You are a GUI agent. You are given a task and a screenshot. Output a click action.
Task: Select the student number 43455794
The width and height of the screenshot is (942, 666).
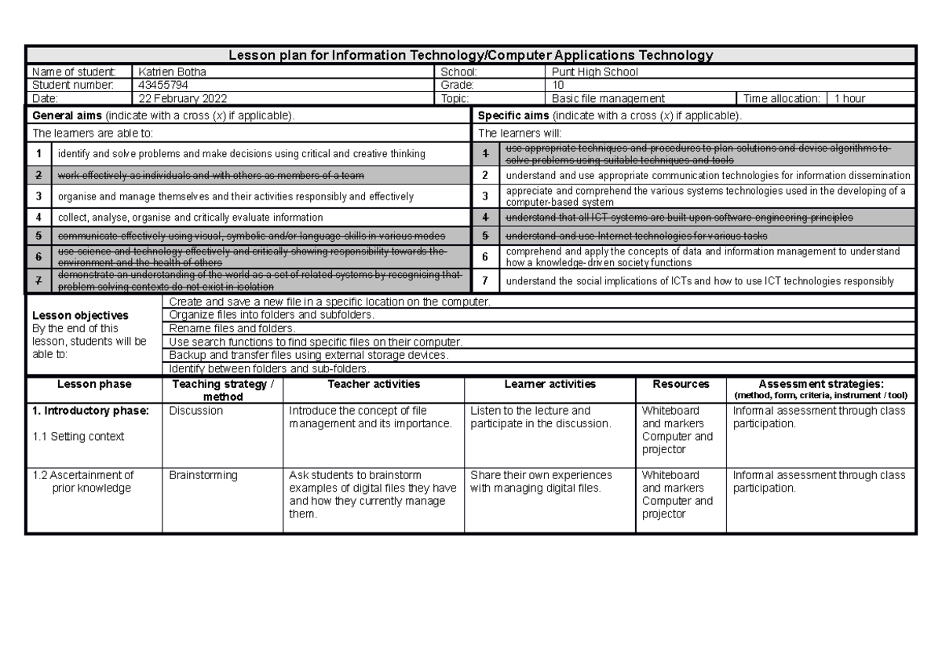click(162, 85)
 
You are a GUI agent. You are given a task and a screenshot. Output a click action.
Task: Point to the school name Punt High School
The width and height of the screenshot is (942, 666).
click(595, 72)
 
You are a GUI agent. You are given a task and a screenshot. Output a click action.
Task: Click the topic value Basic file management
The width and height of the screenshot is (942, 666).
click(608, 99)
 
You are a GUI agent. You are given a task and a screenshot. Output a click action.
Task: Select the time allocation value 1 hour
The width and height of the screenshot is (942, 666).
click(849, 99)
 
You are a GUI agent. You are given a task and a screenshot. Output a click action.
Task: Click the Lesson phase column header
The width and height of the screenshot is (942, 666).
click(94, 385)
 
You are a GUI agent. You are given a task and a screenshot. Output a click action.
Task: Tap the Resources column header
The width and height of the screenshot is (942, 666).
click(681, 385)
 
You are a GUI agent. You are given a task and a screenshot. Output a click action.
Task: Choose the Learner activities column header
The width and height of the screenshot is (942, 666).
click(549, 385)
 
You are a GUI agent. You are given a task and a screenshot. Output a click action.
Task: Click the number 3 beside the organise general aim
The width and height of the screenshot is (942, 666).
click(38, 196)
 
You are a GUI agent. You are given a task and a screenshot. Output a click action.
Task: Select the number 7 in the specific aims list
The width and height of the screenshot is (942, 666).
click(485, 280)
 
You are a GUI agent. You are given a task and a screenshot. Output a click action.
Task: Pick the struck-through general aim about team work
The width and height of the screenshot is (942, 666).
click(210, 175)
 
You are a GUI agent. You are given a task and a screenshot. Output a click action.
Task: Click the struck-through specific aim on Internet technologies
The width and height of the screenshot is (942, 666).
click(636, 236)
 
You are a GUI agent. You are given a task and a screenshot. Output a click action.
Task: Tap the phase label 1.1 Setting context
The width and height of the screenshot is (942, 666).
click(78, 436)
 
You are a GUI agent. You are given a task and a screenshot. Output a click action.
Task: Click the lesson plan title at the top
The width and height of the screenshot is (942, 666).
click(470, 55)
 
